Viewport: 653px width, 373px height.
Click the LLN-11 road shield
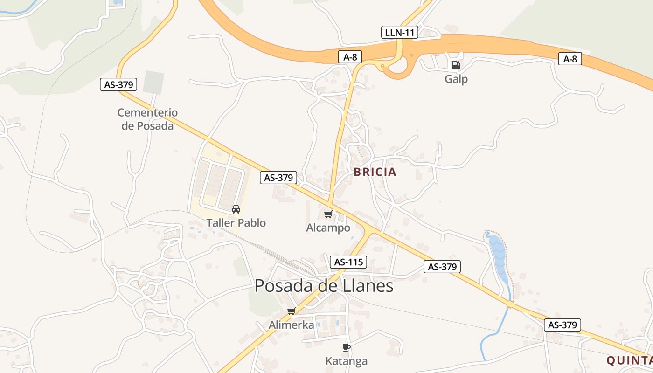pyautogui.click(x=400, y=32)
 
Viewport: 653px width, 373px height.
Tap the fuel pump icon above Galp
pyautogui.click(x=456, y=65)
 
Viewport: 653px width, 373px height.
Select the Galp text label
pyautogui.click(x=456, y=79)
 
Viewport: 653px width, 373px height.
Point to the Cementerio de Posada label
pyautogui.click(x=147, y=119)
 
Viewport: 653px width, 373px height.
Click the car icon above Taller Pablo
pyautogui.click(x=236, y=209)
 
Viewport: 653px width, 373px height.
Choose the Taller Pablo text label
pyautogui.click(x=236, y=223)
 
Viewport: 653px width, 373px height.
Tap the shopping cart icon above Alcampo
pyautogui.click(x=328, y=214)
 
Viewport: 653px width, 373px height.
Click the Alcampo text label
pyautogui.click(x=328, y=228)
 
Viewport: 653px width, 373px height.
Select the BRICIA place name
pyautogui.click(x=375, y=172)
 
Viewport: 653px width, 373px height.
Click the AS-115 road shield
pyautogui.click(x=348, y=262)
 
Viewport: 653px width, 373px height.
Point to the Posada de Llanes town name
pyautogui.click(x=324, y=286)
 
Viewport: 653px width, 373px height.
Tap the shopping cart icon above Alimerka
pyautogui.click(x=292, y=311)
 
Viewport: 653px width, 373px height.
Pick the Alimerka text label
pyautogui.click(x=292, y=325)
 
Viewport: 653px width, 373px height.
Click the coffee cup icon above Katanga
pyautogui.click(x=346, y=347)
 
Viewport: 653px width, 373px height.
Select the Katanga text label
pyautogui.click(x=346, y=361)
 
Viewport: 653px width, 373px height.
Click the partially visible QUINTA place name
pyautogui.click(x=629, y=360)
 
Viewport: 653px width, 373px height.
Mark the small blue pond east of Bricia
pyautogui.click(x=498, y=256)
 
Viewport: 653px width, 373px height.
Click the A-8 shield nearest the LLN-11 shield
pyautogui.click(x=350, y=57)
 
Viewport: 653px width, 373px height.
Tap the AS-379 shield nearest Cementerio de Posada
pyautogui.click(x=119, y=84)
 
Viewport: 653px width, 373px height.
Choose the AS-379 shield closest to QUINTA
pyautogui.click(x=562, y=325)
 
